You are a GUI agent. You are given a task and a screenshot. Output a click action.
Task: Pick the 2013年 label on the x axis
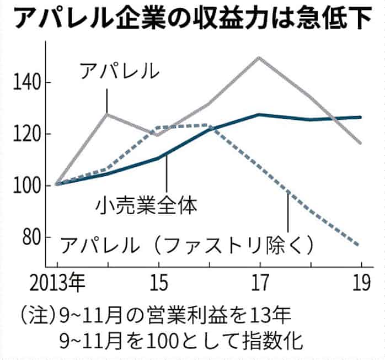coord(57,285)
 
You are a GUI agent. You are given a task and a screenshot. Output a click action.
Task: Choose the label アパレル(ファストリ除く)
coord(188,243)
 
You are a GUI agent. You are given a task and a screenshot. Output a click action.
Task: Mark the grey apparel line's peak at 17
coord(259,57)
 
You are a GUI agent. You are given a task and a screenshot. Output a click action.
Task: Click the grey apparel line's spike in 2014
coord(107,114)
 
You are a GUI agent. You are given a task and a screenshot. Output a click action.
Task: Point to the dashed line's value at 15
coord(158,128)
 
